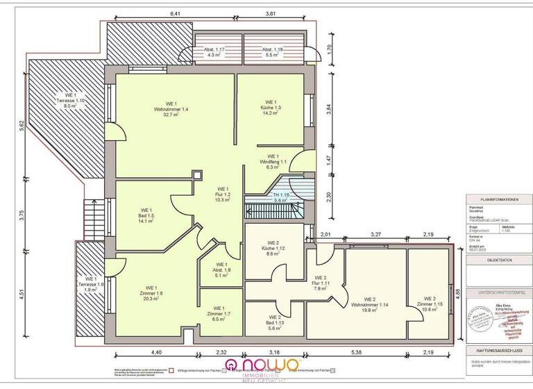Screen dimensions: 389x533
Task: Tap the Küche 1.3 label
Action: click(271, 109)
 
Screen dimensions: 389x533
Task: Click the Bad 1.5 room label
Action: click(146, 215)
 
